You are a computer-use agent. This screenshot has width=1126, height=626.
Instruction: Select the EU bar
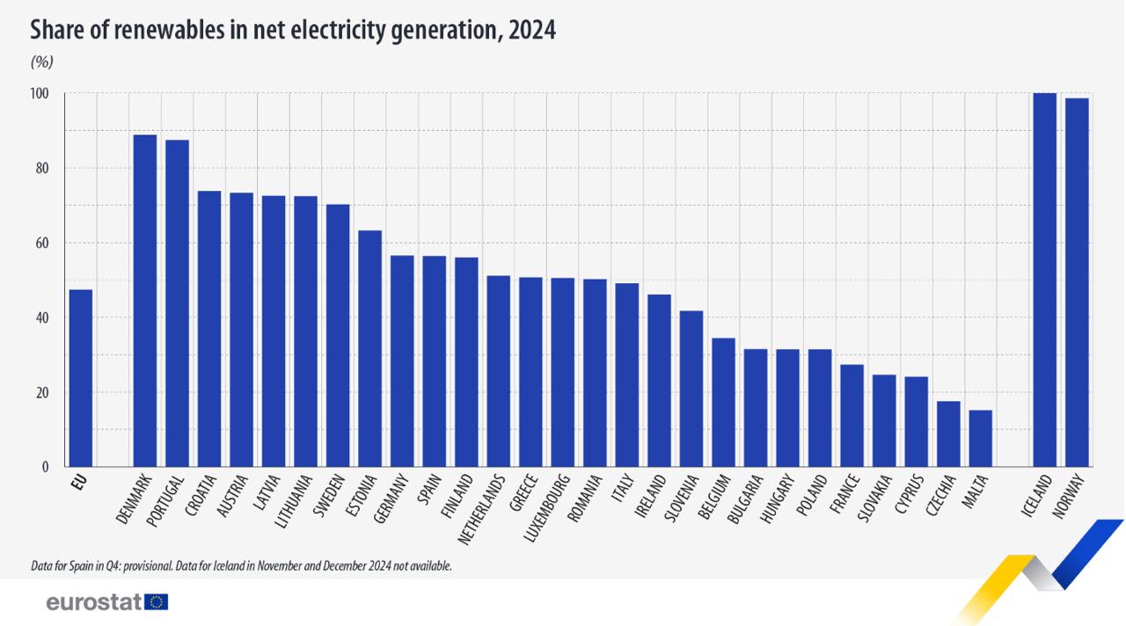[80, 378]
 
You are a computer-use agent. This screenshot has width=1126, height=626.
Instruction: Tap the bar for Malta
[980, 438]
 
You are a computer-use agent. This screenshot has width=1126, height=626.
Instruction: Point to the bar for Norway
[1077, 282]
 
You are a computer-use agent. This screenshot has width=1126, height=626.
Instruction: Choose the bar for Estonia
[369, 348]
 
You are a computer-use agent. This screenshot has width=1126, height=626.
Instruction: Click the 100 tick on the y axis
[40, 94]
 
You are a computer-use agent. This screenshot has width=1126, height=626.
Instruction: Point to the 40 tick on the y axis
[42, 318]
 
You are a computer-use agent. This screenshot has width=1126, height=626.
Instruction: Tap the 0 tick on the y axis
[45, 468]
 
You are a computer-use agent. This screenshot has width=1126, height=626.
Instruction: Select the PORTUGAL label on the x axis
[165, 501]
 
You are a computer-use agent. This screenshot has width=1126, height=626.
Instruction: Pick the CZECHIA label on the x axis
[939, 499]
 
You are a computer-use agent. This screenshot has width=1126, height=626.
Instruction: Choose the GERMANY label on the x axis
[391, 499]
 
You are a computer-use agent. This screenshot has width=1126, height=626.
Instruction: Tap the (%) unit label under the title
[41, 62]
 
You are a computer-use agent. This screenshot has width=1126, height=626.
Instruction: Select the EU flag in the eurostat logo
[158, 602]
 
